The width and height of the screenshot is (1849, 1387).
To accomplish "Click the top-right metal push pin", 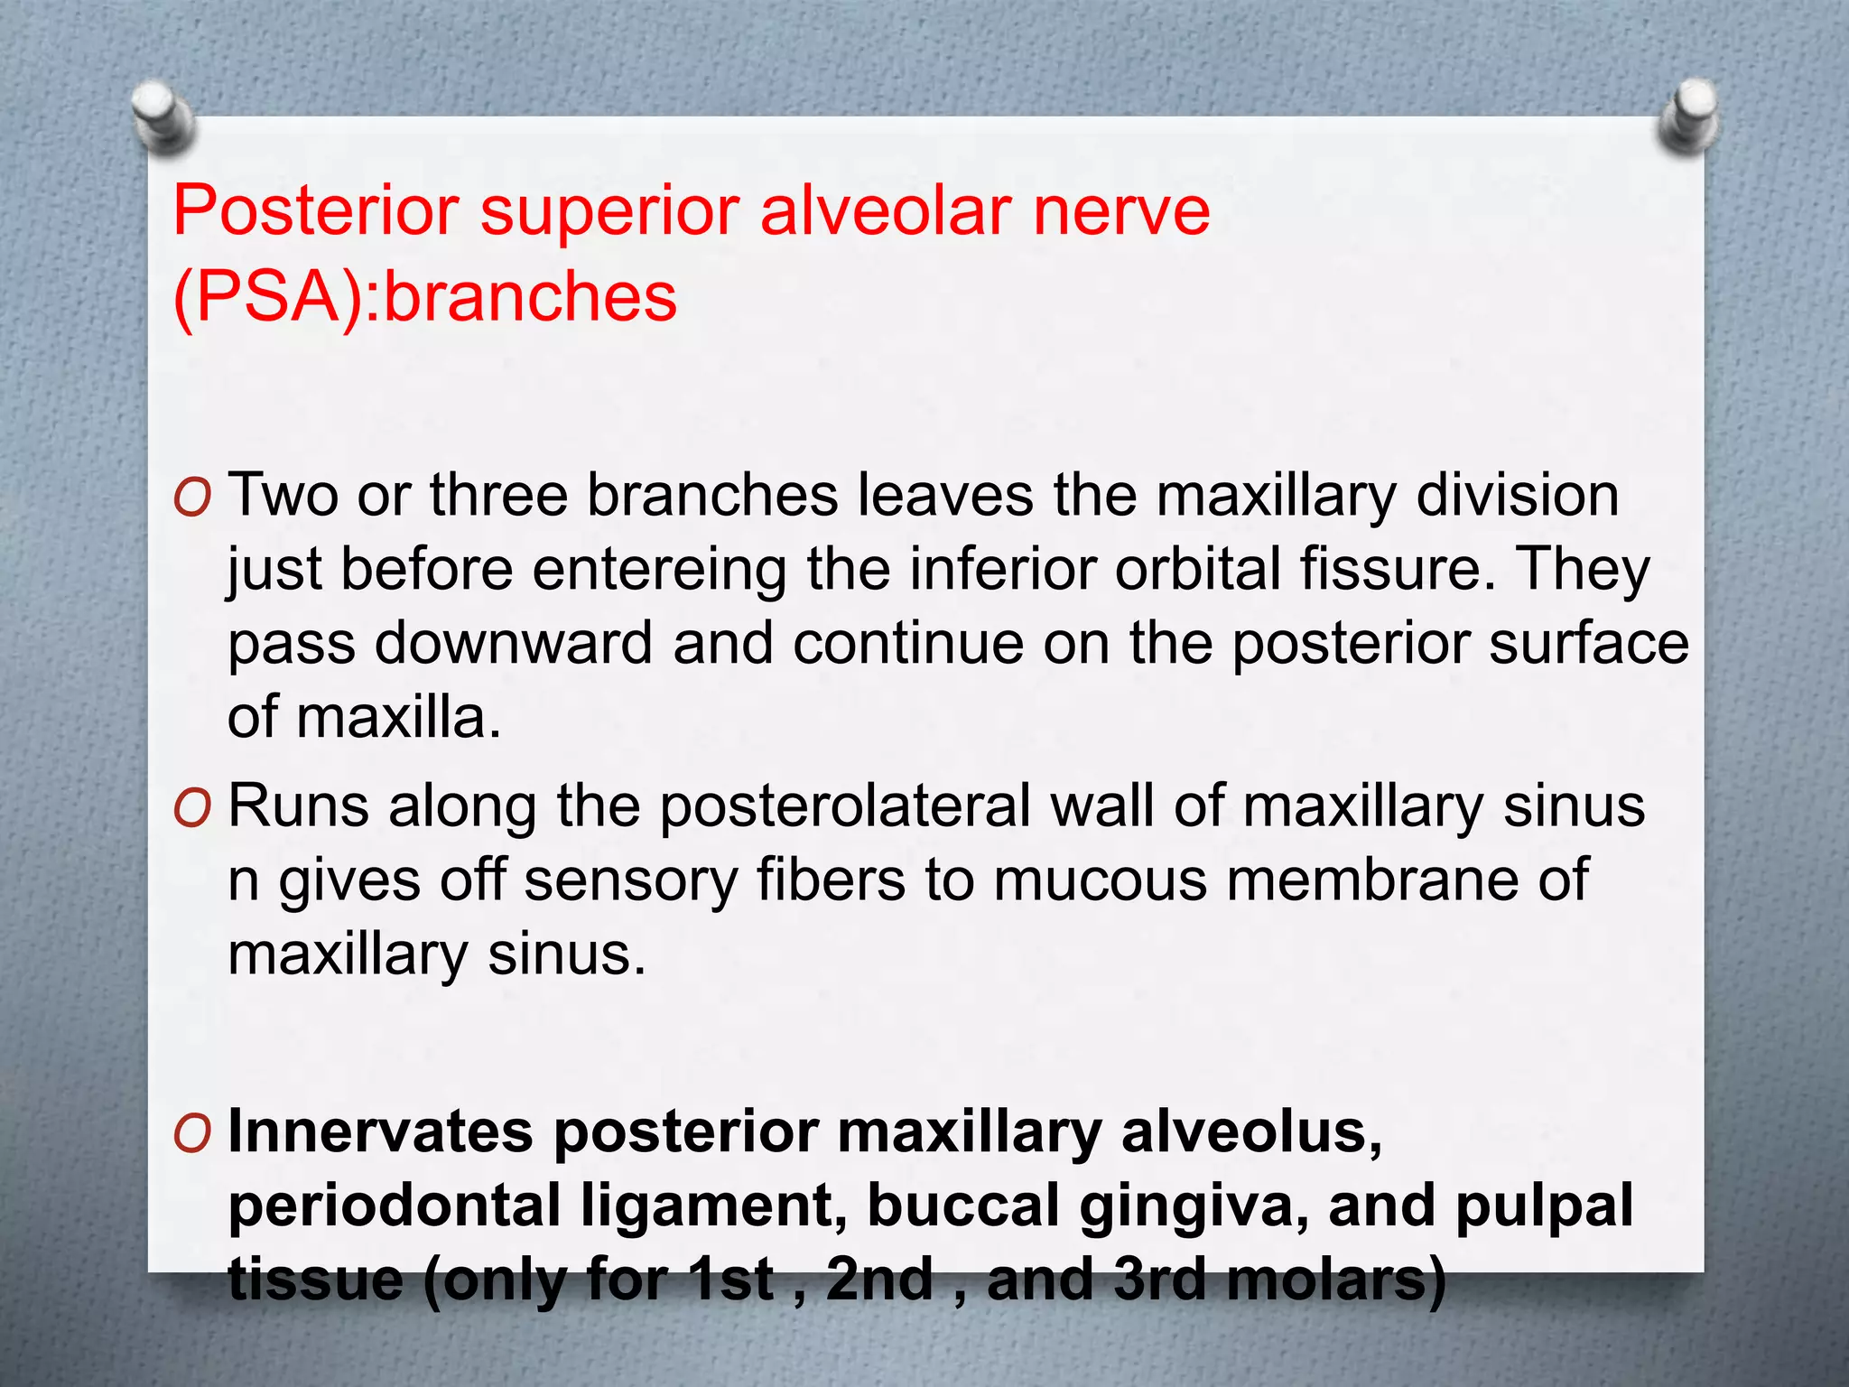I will (x=1690, y=113).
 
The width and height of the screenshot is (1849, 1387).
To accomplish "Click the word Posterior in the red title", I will (x=316, y=210).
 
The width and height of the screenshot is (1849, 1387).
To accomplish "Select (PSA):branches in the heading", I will (x=424, y=297).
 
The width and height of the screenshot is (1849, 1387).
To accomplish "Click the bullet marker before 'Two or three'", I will (x=192, y=497).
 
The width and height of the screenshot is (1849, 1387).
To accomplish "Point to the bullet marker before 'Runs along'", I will (x=192, y=807).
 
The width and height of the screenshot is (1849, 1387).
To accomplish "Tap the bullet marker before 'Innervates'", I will (x=192, y=1133).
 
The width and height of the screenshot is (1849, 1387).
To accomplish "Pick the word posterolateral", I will (x=844, y=806).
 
